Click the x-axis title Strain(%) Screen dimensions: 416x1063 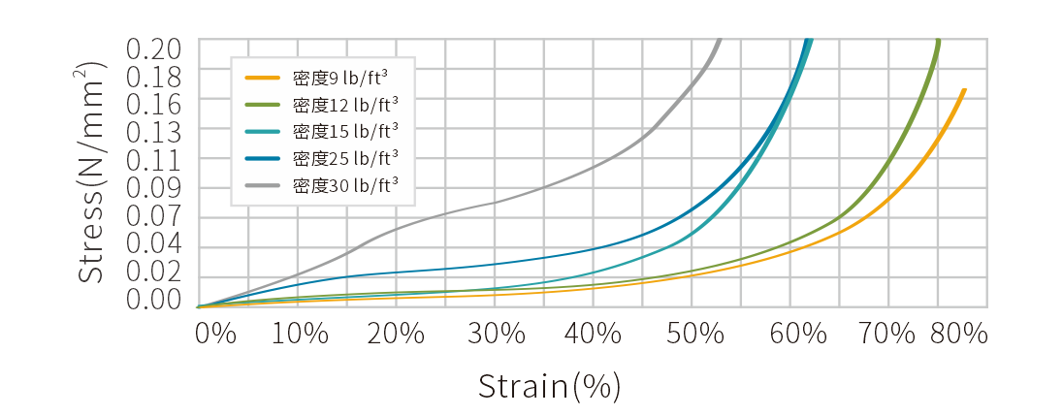pyautogui.click(x=549, y=386)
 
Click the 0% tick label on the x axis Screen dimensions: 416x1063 pyautogui.click(x=215, y=334)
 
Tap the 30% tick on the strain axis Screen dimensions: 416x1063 pyautogui.click(x=497, y=334)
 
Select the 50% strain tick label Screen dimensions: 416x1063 pyautogui.click(x=695, y=334)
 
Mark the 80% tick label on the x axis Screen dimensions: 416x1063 pyautogui.click(x=958, y=334)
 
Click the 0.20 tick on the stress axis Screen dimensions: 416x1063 pyautogui.click(x=154, y=48)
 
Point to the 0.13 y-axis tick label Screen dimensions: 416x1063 pyautogui.click(x=154, y=129)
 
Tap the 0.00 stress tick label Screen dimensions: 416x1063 pyautogui.click(x=154, y=300)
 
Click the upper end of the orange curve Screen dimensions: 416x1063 pyautogui.click(x=964, y=89)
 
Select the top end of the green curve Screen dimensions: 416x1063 pyautogui.click(x=939, y=40)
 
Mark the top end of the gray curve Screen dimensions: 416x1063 pyautogui.click(x=720, y=40)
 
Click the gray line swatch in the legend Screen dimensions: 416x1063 pyautogui.click(x=262, y=182)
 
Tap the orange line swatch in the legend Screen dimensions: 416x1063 pyautogui.click(x=262, y=78)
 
